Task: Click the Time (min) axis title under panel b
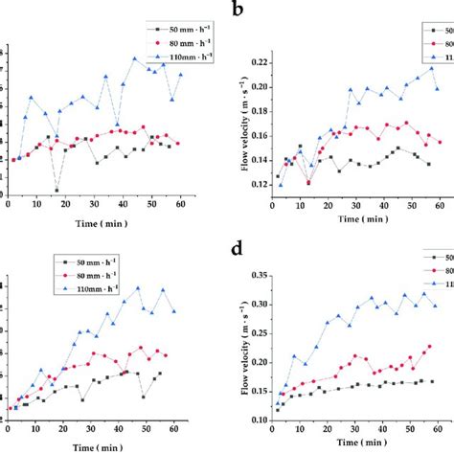(x=357, y=218)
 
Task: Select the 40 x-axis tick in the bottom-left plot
(x=121, y=430)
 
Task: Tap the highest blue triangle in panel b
(x=432, y=68)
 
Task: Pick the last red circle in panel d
(x=430, y=347)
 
